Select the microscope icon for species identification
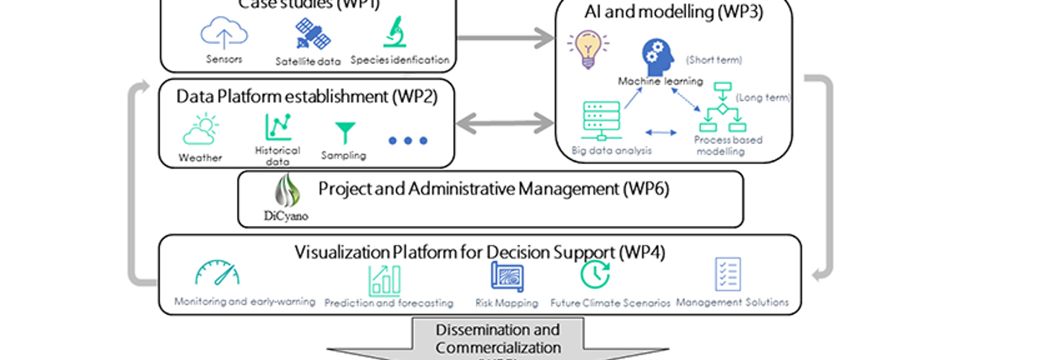click(395, 32)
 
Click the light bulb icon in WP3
click(584, 50)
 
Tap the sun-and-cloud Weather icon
click(199, 130)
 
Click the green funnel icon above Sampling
click(345, 132)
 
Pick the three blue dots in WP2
click(408, 140)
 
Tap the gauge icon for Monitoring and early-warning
click(217, 274)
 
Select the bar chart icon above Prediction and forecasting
click(384, 280)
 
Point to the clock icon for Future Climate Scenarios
click(596, 274)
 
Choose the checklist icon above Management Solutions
click(727, 275)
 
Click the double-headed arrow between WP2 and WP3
click(505, 122)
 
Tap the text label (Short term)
click(714, 60)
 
